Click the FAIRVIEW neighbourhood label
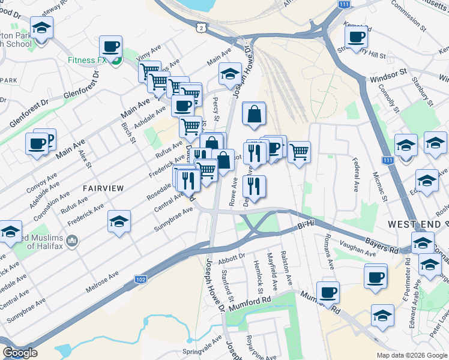(x=103, y=188)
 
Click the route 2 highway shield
(x=199, y=27)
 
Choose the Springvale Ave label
(x=202, y=350)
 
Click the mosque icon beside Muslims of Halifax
(x=73, y=241)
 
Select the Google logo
(x=20, y=353)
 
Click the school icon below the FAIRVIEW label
(x=119, y=221)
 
